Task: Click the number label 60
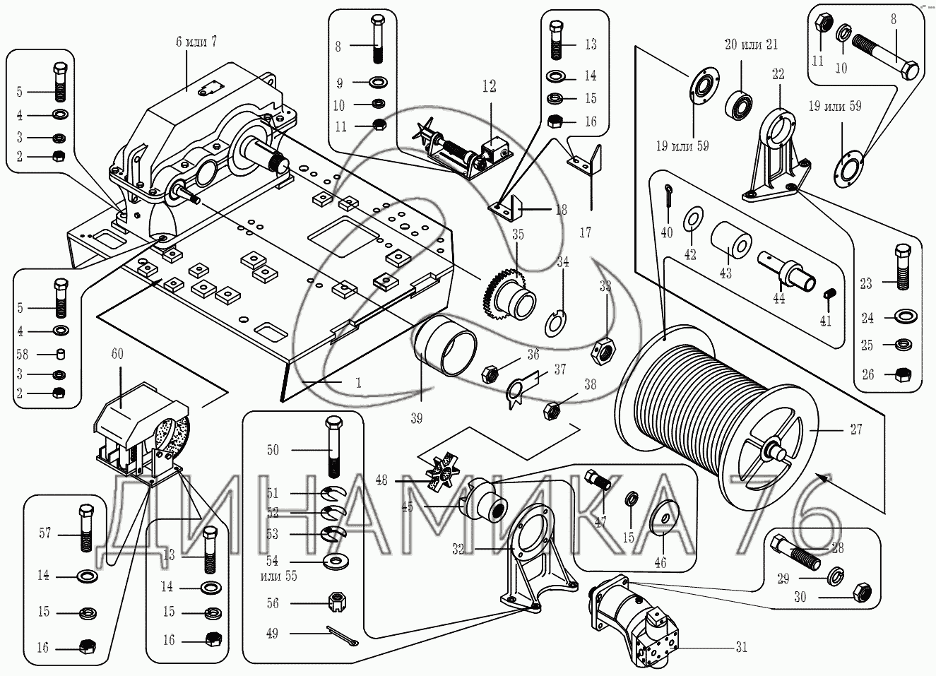[x=117, y=354]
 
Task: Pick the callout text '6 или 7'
[x=196, y=42]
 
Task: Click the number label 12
[x=489, y=86]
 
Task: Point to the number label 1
[x=359, y=383]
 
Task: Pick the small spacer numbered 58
[x=61, y=353]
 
